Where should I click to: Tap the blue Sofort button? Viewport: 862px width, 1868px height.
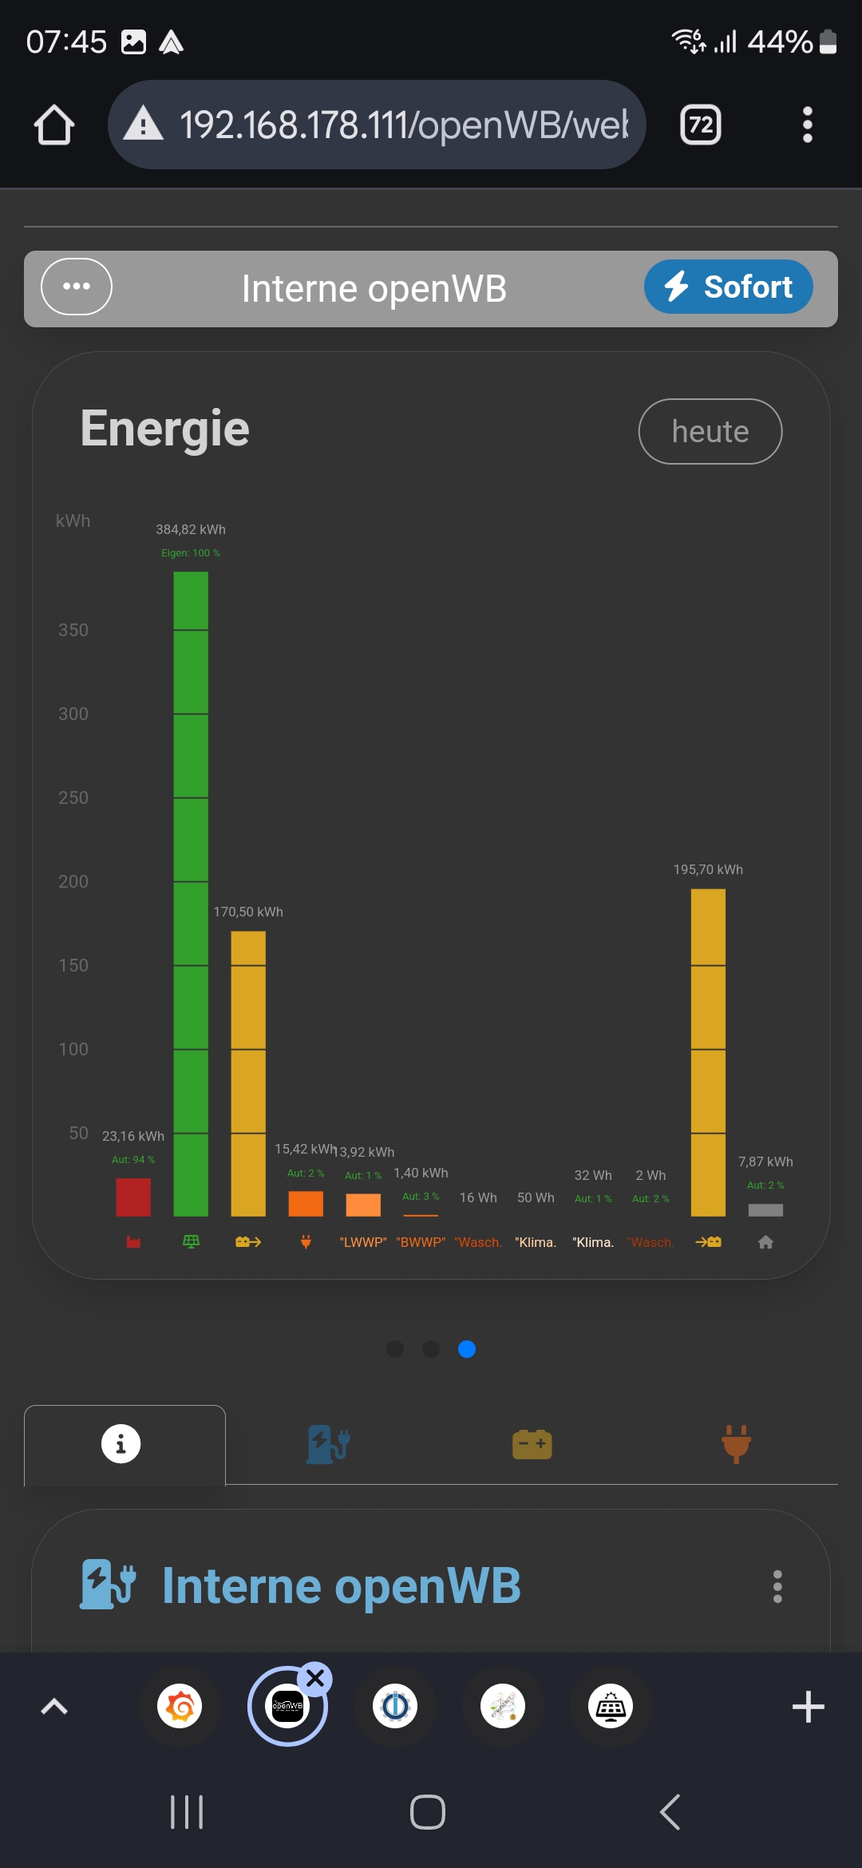pyautogui.click(x=728, y=287)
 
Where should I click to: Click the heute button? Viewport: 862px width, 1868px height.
pyautogui.click(x=710, y=431)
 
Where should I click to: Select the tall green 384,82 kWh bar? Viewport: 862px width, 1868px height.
pyautogui.click(x=191, y=894)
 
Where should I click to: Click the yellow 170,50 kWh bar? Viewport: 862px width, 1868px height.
pyautogui.click(x=248, y=1074)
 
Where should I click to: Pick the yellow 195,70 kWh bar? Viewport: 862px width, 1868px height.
pyautogui.click(x=708, y=1052)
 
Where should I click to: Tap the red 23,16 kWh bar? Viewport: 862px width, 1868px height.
pyautogui.click(x=133, y=1197)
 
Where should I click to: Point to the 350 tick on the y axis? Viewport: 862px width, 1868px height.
pyautogui.click(x=73, y=630)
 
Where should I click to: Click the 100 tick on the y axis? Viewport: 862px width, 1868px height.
pyautogui.click(x=73, y=1049)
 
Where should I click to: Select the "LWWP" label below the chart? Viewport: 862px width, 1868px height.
pyautogui.click(x=363, y=1242)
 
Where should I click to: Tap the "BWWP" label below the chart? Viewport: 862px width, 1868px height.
pyautogui.click(x=421, y=1242)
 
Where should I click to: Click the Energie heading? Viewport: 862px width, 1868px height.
pyautogui.click(x=165, y=429)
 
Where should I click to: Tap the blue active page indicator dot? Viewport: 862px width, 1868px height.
pyautogui.click(x=467, y=1349)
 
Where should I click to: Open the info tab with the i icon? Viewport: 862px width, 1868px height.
pyautogui.click(x=121, y=1444)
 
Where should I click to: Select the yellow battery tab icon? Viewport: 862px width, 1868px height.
pyautogui.click(x=532, y=1444)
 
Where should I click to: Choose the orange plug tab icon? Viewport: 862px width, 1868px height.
pyautogui.click(x=736, y=1444)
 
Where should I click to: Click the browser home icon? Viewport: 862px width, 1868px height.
pyautogui.click(x=54, y=125)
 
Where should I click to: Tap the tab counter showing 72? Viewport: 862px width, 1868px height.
pyautogui.click(x=701, y=125)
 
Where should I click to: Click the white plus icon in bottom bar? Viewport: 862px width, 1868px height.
pyautogui.click(x=808, y=1707)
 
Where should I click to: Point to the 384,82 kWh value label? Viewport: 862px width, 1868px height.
pyautogui.click(x=191, y=529)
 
